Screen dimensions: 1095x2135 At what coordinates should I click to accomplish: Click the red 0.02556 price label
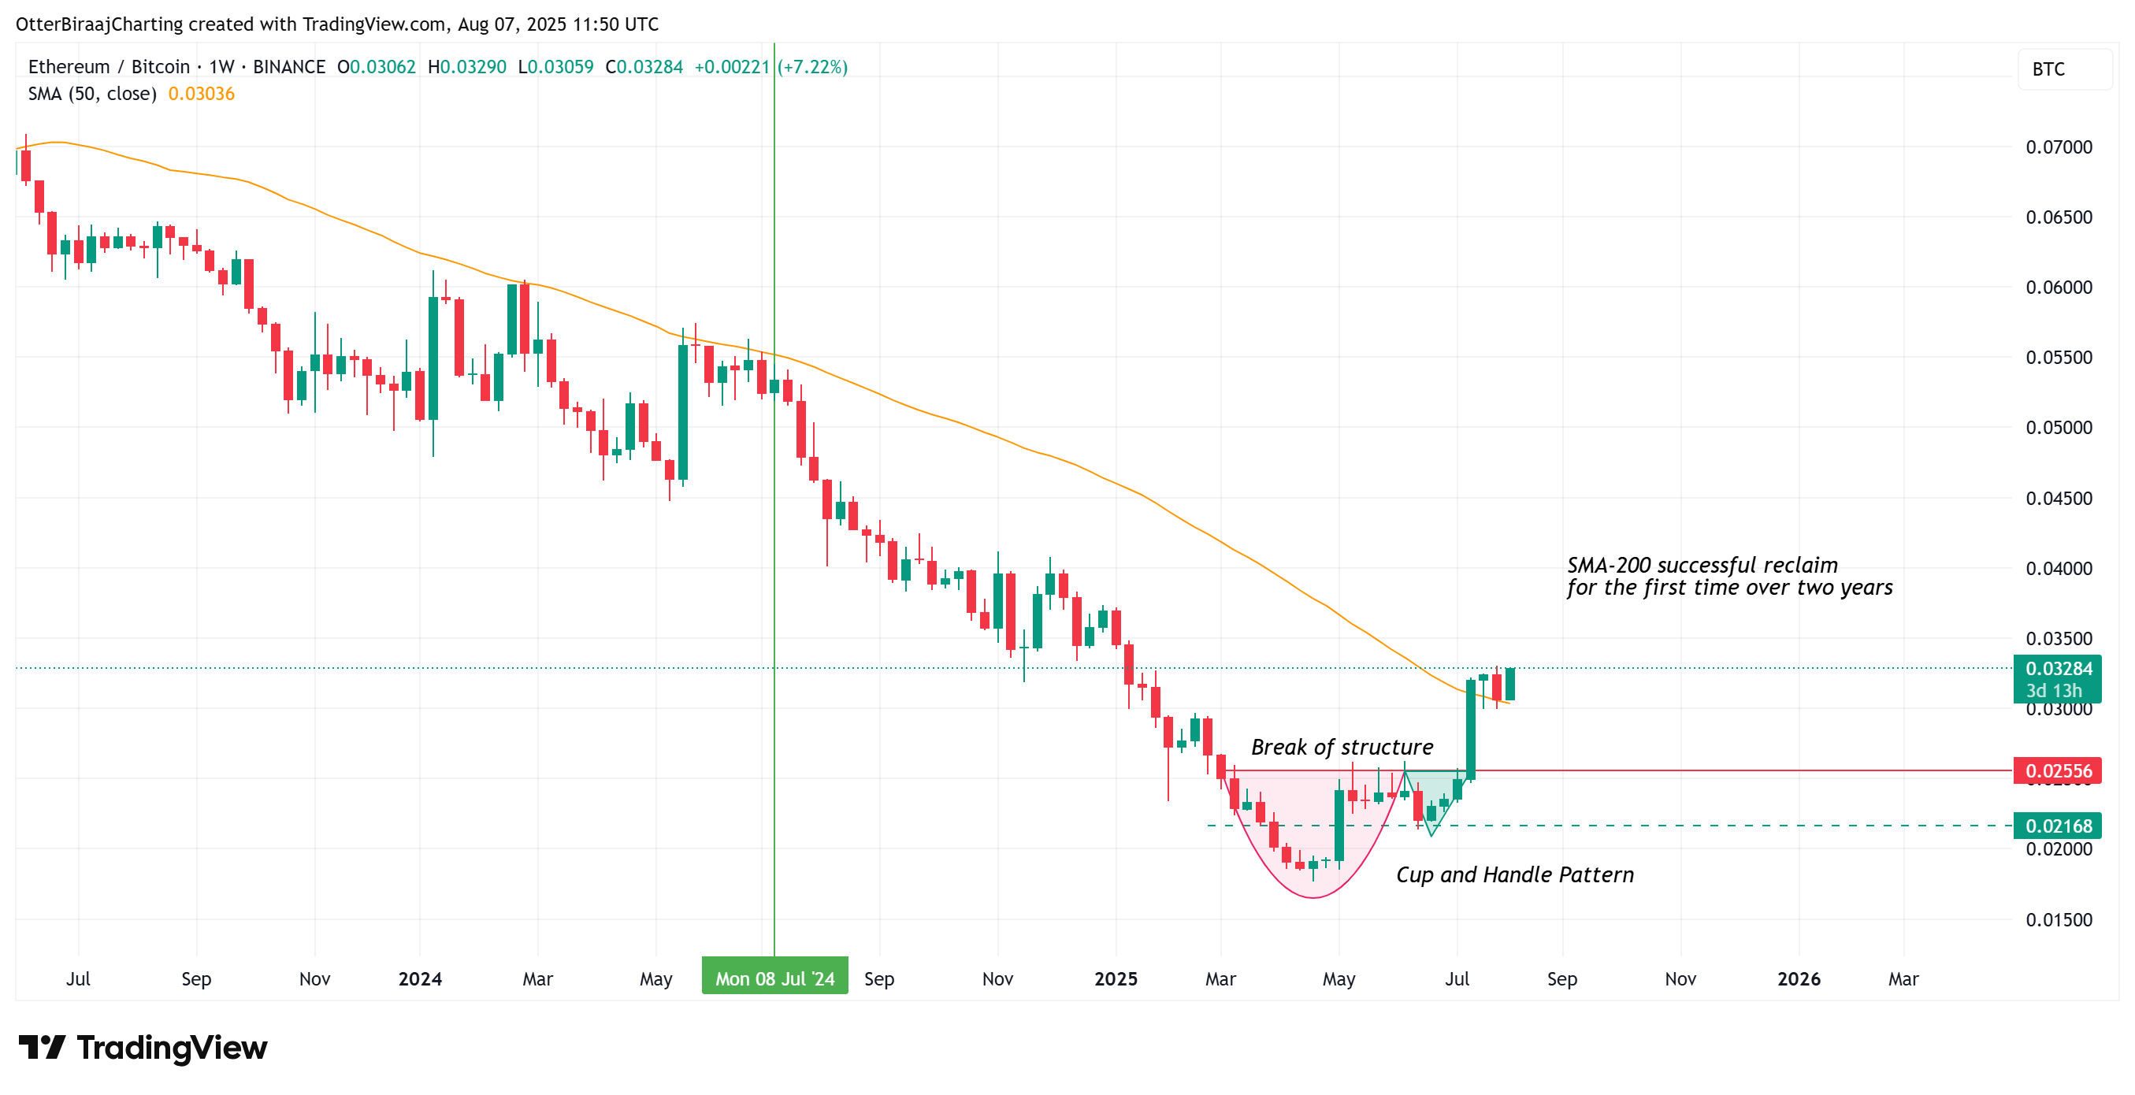tap(2057, 771)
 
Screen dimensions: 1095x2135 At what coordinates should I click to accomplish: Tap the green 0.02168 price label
tap(2057, 826)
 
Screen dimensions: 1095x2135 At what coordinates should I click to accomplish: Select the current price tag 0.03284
tap(2057, 669)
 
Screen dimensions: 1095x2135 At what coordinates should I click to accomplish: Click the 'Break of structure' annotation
tap(1342, 747)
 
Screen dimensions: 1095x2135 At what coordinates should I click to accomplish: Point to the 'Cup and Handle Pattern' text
tap(1514, 874)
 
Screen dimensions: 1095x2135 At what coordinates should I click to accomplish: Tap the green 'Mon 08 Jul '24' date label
tap(774, 978)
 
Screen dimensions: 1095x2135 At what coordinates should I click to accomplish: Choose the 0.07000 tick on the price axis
tap(2059, 147)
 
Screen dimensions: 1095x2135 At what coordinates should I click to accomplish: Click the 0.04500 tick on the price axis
tap(2059, 498)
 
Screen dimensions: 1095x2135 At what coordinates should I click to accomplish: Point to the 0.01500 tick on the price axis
tap(2059, 919)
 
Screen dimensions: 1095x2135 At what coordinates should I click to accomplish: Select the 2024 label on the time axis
tap(419, 979)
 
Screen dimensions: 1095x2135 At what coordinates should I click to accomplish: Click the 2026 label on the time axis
tap(1799, 979)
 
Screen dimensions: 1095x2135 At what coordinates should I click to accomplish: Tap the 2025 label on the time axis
tap(1116, 979)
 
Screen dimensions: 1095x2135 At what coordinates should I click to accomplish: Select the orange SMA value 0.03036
tap(202, 94)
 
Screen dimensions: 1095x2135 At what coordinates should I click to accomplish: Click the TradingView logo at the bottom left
tap(143, 1048)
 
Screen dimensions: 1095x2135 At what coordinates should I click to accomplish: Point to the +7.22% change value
tap(812, 67)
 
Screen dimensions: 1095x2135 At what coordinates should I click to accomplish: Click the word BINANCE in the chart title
tap(288, 67)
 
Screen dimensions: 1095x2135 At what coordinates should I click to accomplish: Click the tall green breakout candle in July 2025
tap(1470, 729)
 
